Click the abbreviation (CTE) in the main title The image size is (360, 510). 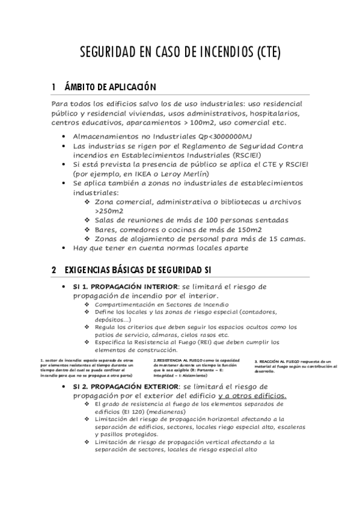(263, 53)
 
